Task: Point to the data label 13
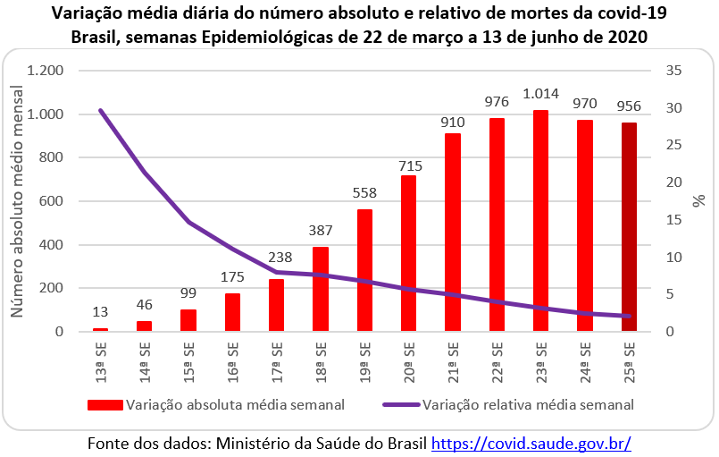[100, 312]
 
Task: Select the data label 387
[321, 230]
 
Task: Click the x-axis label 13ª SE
[100, 360]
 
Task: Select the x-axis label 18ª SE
[321, 360]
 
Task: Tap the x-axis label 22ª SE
[497, 360]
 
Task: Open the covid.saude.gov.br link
[531, 443]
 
